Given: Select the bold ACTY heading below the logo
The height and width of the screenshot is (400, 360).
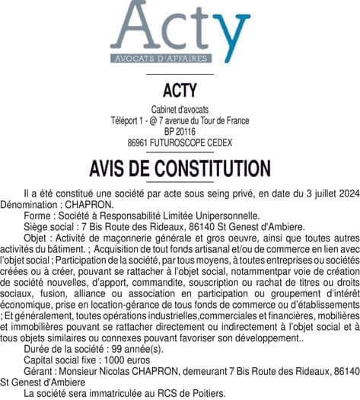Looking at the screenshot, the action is [x=180, y=91].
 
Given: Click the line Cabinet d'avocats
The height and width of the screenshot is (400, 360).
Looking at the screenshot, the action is [x=180, y=110].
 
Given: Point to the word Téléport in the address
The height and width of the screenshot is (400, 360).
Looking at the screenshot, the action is [x=128, y=120].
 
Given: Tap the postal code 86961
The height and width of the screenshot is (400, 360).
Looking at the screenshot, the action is [x=139, y=142].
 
